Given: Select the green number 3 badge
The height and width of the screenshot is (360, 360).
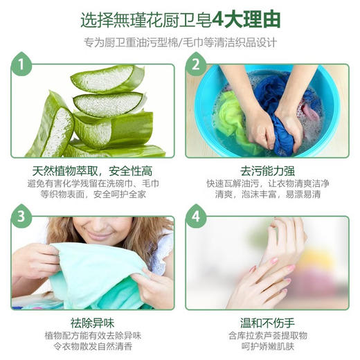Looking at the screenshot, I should [24, 218].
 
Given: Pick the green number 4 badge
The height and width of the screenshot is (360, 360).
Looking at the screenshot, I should [196, 218].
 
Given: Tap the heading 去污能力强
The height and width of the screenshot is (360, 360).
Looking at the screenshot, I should [266, 170].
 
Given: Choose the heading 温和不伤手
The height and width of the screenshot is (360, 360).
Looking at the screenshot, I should [267, 321].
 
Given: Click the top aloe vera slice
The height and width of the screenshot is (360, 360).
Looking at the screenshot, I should [104, 79].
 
